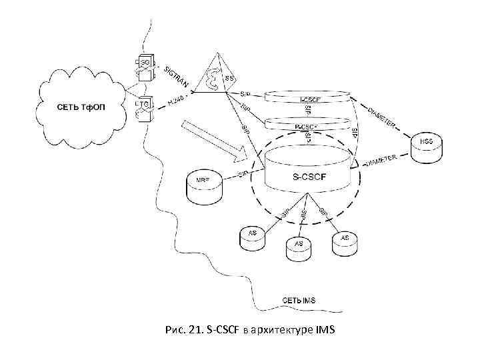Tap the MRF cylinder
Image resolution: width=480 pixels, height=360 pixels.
click(x=203, y=185)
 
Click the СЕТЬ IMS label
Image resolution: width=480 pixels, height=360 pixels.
click(x=299, y=301)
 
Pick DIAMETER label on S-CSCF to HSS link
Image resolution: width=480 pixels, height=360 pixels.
click(x=383, y=160)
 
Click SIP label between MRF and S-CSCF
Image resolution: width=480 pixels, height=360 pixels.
click(x=243, y=175)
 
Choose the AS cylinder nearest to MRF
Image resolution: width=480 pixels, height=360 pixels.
click(x=252, y=237)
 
